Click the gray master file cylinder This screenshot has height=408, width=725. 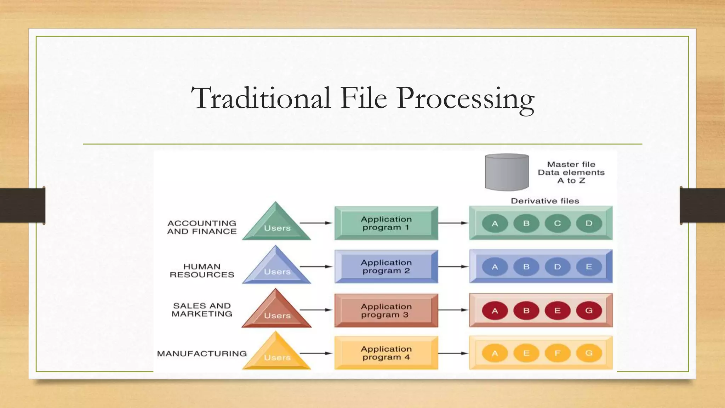pyautogui.click(x=507, y=172)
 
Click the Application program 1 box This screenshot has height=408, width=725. pyautogui.click(x=386, y=223)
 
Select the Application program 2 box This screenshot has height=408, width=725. pyautogui.click(x=386, y=267)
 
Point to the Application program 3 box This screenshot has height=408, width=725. pyautogui.click(x=386, y=310)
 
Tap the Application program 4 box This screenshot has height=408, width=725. pyautogui.click(x=386, y=353)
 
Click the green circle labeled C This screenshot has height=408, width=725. pyautogui.click(x=558, y=223)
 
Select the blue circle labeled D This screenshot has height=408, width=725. pyautogui.click(x=558, y=267)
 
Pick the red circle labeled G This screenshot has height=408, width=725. pyautogui.click(x=589, y=311)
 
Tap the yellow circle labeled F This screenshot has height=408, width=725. pyautogui.click(x=558, y=353)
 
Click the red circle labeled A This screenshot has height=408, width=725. pyautogui.click(x=495, y=311)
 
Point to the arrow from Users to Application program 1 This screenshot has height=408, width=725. pyautogui.click(x=316, y=223)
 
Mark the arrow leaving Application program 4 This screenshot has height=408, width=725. pyautogui.click(x=453, y=353)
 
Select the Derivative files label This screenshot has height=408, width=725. pyautogui.click(x=545, y=201)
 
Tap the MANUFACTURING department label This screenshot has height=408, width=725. pyautogui.click(x=202, y=353)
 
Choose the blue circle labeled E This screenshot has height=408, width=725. pyautogui.click(x=589, y=267)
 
